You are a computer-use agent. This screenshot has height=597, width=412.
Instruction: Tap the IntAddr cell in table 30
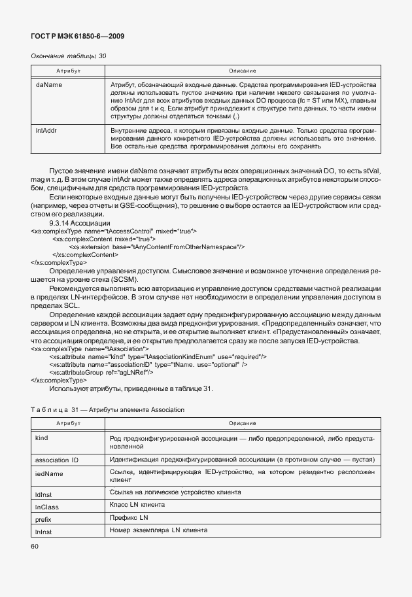point(45,131)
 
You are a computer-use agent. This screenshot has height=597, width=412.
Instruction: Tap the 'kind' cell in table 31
point(42,437)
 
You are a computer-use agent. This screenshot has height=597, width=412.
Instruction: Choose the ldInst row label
point(43,494)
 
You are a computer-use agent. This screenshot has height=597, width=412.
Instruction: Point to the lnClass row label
point(45,506)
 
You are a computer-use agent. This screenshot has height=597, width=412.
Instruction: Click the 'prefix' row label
point(43,519)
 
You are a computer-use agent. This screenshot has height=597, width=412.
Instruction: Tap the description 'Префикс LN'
point(130,517)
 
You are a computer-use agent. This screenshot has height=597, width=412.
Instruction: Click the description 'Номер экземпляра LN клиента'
point(159,530)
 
